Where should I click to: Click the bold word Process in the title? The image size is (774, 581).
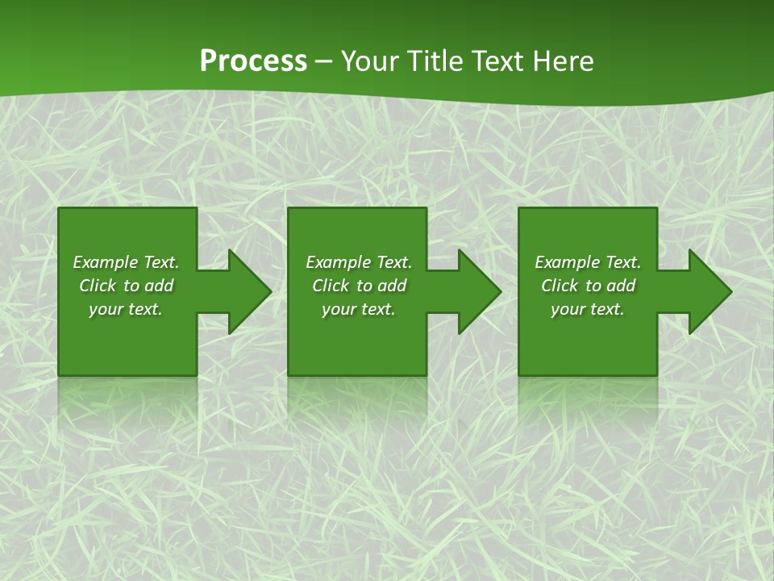253,61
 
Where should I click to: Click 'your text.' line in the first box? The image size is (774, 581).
126,309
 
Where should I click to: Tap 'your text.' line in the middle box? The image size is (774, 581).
358,309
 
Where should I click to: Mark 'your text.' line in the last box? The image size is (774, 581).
588,309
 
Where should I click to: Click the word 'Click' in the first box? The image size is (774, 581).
98,286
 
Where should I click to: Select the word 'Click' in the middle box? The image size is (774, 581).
331,286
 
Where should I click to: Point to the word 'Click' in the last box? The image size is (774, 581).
560,286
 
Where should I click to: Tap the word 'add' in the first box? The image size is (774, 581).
159,286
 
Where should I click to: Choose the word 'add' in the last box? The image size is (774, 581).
621,286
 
